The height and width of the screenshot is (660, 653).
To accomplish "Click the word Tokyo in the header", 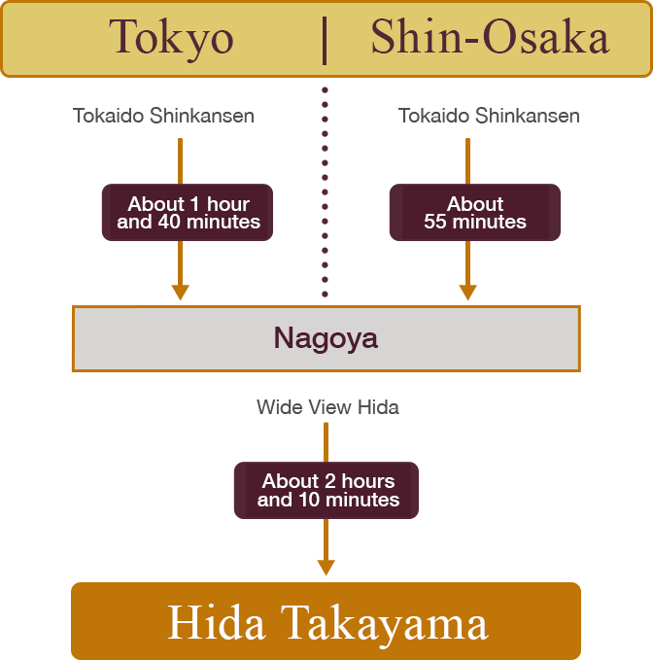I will [x=171, y=39].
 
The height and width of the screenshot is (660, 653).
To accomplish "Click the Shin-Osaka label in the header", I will [x=490, y=39].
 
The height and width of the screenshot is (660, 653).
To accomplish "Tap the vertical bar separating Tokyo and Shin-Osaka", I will [x=325, y=39].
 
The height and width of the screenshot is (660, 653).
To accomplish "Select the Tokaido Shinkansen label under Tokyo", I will [x=163, y=116].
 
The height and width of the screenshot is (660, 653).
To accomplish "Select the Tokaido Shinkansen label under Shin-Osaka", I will [x=489, y=116].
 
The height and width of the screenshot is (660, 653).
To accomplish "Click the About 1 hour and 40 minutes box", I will [x=189, y=213].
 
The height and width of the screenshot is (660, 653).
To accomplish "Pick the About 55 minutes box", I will [x=475, y=213].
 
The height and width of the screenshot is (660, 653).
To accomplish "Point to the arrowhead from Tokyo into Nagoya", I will [x=180, y=292].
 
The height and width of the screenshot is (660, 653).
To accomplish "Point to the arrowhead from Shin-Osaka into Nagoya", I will [x=467, y=292].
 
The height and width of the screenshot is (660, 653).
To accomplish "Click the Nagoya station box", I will [x=326, y=338].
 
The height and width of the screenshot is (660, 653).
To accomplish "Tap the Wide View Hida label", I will [x=327, y=407].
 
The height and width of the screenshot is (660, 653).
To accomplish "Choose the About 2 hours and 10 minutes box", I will [x=326, y=490].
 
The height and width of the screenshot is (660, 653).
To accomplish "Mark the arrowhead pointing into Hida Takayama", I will [x=326, y=567].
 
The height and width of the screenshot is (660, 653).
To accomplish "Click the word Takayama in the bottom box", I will [x=386, y=622].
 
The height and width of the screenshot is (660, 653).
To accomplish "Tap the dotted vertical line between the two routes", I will [x=325, y=194].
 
